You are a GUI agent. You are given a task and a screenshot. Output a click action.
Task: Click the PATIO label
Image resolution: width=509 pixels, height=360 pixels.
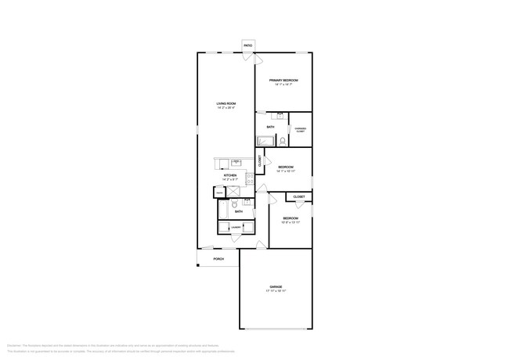[248, 46]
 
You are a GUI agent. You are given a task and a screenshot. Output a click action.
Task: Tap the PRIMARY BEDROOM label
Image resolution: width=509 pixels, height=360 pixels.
[283, 81]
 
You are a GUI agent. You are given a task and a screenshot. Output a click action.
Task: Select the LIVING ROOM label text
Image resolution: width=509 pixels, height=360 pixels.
[226, 103]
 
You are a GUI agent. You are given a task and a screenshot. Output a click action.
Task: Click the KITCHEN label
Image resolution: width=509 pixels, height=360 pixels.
[230, 175]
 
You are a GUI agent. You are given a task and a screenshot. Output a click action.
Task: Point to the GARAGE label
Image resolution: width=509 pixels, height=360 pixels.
[276, 287]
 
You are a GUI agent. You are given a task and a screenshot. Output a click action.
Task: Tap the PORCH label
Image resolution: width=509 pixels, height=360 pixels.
[218, 259]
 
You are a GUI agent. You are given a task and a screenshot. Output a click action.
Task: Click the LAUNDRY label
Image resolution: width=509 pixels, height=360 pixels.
[235, 228]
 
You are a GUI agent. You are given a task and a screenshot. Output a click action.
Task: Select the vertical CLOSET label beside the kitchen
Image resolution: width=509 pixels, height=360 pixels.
[260, 161]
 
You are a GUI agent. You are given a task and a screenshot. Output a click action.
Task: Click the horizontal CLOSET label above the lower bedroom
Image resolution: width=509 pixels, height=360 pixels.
[299, 197]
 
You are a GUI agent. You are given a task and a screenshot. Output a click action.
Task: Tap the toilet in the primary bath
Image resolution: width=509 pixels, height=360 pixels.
[283, 141]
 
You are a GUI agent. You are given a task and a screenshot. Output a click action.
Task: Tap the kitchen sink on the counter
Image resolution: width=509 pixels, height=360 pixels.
[235, 162]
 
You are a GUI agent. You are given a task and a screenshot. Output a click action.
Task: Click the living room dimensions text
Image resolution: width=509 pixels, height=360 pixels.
[226, 108]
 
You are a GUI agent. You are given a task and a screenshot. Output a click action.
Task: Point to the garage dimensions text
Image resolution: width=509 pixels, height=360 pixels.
[276, 291]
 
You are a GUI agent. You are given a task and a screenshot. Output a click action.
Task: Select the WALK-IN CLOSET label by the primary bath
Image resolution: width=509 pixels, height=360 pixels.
[300, 130]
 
